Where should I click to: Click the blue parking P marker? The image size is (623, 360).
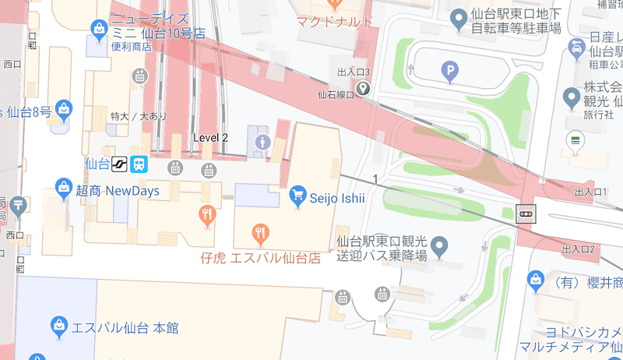449,73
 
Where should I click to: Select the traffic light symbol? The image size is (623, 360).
527,213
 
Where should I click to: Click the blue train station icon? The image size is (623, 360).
139,164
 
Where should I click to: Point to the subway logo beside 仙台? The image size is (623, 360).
119,164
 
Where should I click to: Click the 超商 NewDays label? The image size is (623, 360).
117,191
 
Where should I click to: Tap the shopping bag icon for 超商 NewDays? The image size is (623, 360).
63,187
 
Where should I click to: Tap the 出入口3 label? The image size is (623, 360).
353,72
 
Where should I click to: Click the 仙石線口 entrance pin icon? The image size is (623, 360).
364,90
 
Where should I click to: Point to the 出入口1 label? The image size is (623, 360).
589,192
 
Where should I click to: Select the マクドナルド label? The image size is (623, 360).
335,21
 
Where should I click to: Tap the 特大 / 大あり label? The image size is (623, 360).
139,116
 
